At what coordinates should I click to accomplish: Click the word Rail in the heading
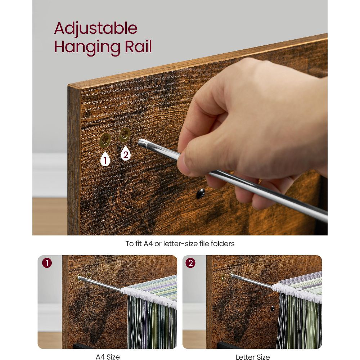tap(138, 46)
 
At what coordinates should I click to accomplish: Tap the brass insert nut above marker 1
tap(105, 140)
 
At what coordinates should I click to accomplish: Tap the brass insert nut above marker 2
tap(125, 134)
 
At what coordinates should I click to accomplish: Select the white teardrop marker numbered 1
tap(105, 158)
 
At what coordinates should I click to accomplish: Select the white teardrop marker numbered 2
tap(126, 153)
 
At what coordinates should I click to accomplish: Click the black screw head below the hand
tap(201, 193)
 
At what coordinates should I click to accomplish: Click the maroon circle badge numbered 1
tap(47, 263)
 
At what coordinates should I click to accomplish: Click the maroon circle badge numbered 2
tap(190, 263)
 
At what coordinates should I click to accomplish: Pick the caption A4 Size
tap(107, 356)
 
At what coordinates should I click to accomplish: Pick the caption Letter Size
tap(253, 356)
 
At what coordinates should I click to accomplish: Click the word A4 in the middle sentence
tap(148, 244)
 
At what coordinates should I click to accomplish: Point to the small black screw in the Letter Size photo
tap(272, 309)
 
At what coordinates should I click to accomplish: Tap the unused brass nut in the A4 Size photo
tap(89, 275)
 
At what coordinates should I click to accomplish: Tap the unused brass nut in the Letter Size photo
tap(223, 277)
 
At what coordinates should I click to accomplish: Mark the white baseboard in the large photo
tap(50, 175)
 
